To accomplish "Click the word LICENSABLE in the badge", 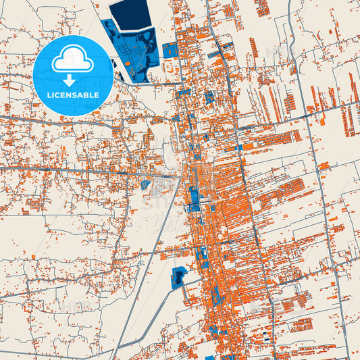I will click(x=73, y=95).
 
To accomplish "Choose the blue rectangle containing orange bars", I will click(x=170, y=50).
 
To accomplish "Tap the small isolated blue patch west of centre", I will click(x=145, y=184).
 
